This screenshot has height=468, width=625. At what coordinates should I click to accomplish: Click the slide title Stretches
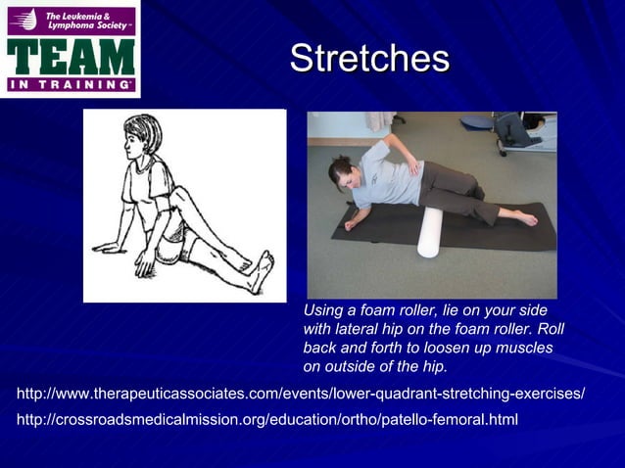(369, 58)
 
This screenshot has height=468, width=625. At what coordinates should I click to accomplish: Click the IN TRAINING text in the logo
(71, 85)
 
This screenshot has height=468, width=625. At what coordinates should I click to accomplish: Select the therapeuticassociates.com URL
(301, 394)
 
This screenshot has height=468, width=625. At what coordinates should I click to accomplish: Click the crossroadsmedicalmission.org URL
(267, 420)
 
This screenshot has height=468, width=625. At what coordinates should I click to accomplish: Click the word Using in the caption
(326, 309)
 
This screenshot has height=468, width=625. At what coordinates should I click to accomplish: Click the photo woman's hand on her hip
(415, 167)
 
